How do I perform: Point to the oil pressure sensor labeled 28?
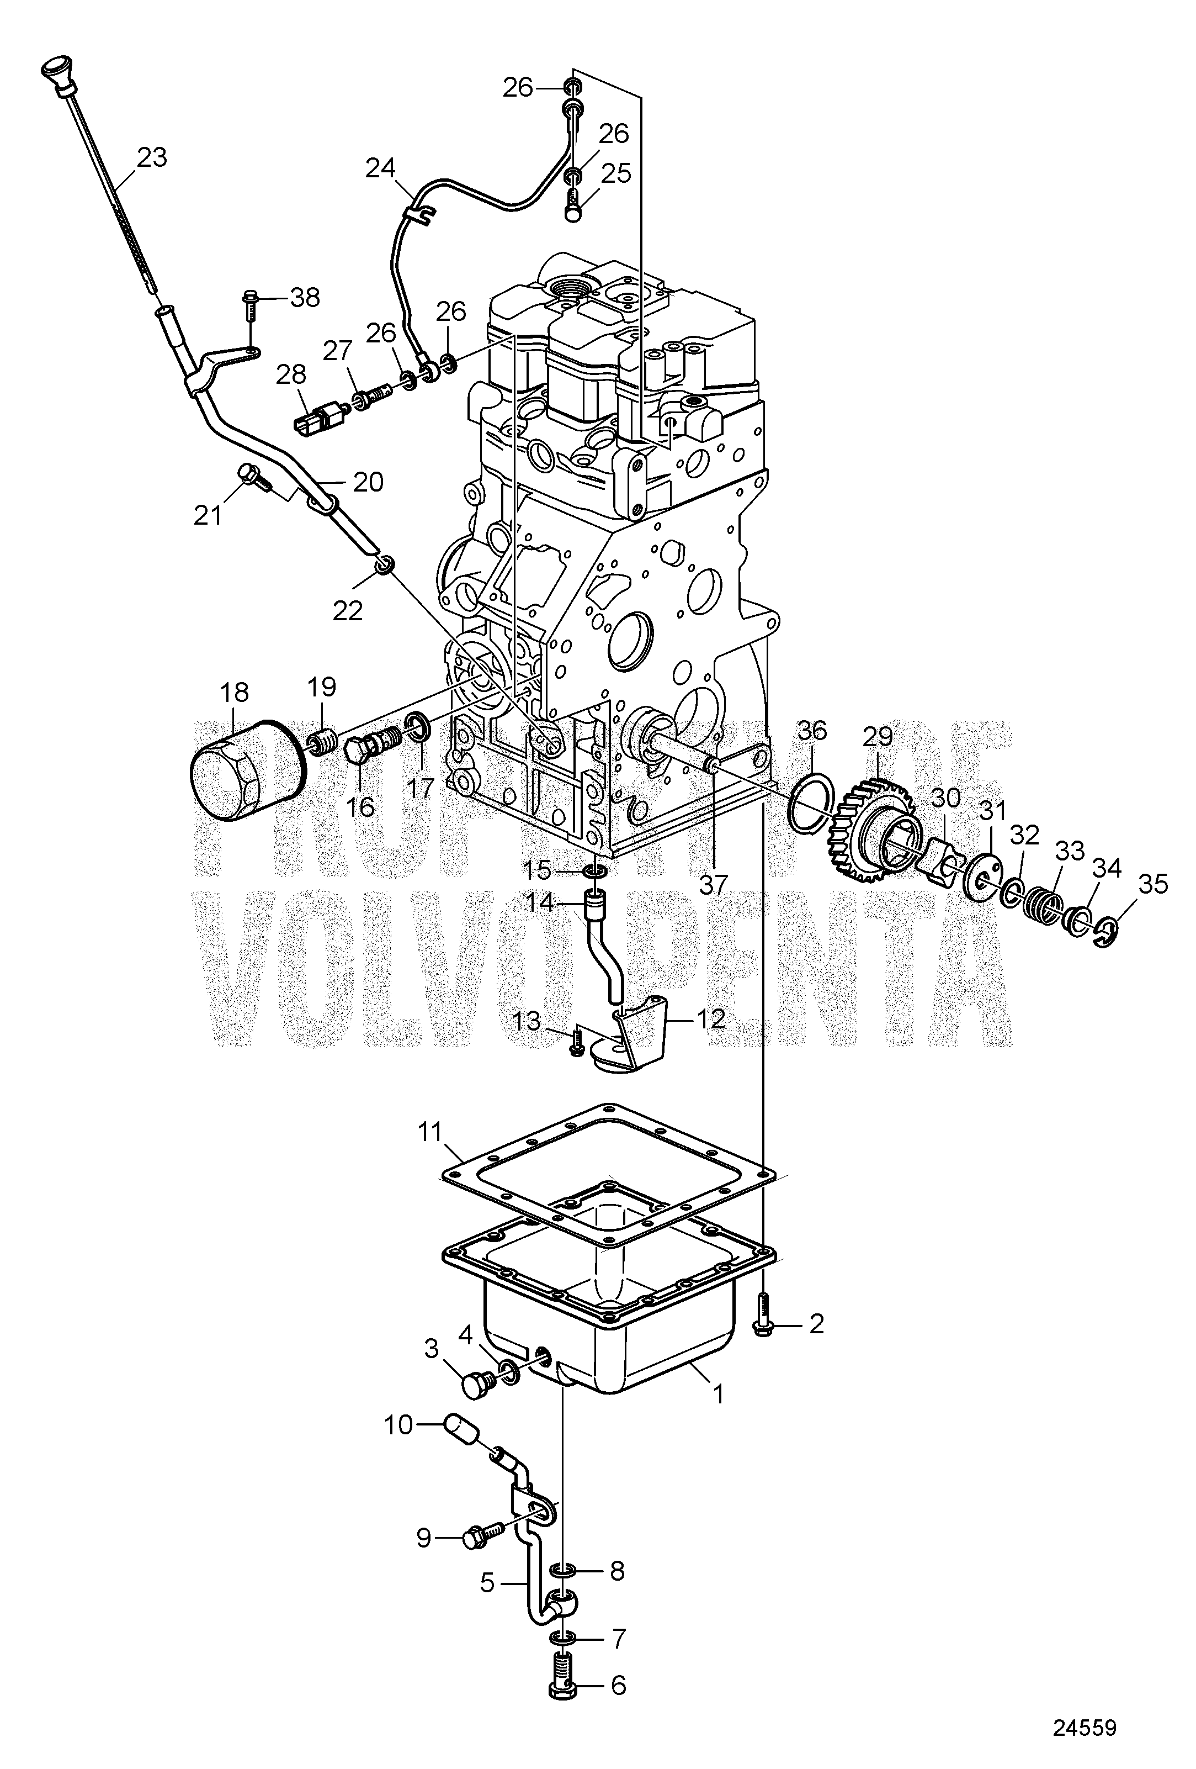pyautogui.click(x=321, y=416)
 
